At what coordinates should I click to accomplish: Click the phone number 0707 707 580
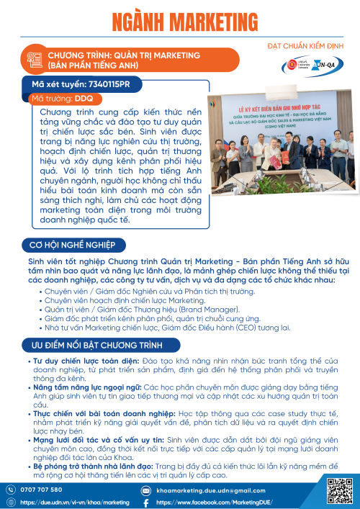tap(42, 490)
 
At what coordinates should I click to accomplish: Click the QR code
tap(338, 491)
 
